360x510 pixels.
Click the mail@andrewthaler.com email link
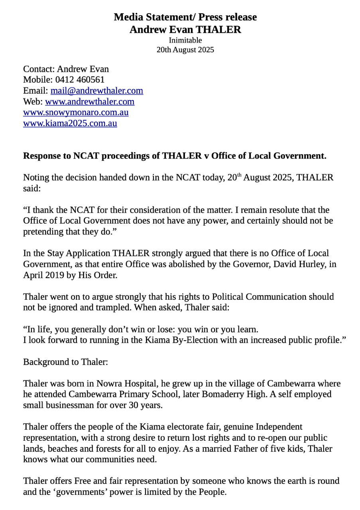(96, 90)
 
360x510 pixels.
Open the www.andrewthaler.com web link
(90, 101)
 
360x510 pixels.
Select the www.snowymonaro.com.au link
(76, 112)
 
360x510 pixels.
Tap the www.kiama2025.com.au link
(70, 123)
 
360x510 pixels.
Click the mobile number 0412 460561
(80, 80)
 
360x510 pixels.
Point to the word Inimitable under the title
(185, 40)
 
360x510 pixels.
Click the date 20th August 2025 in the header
(185, 50)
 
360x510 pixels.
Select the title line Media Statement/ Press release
(185, 17)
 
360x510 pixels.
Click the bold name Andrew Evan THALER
(185, 29)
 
